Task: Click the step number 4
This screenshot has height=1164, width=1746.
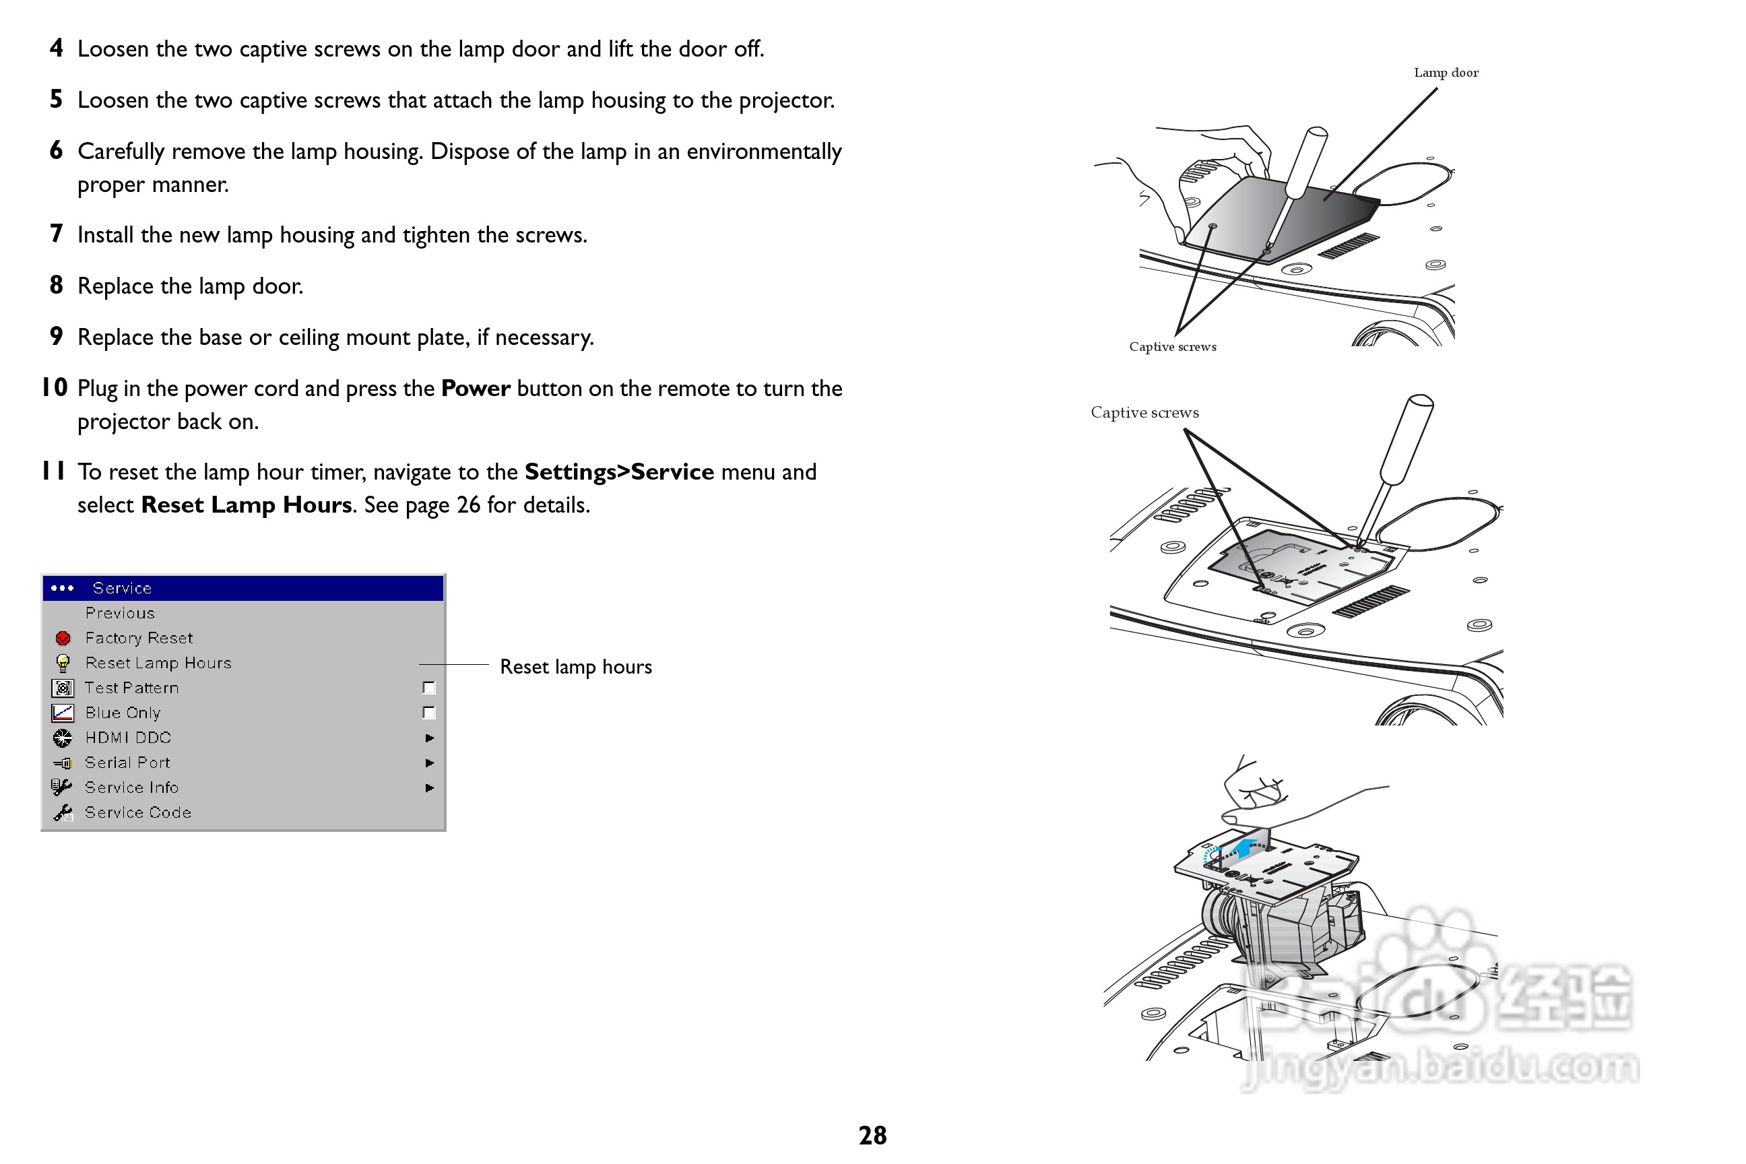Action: click(x=57, y=48)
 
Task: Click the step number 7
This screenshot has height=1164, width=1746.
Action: click(x=57, y=234)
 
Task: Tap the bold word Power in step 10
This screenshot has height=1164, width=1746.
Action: click(x=475, y=388)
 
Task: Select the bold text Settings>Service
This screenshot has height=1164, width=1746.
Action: click(x=618, y=472)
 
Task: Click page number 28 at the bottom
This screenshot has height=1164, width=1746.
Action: click(x=872, y=1135)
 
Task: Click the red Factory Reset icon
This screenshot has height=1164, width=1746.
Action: click(x=63, y=639)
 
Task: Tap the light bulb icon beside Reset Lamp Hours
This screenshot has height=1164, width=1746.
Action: click(x=63, y=663)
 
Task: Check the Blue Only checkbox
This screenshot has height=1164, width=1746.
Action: click(x=428, y=713)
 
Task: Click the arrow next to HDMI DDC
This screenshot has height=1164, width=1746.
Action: click(x=429, y=738)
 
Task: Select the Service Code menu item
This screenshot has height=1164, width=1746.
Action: click(x=137, y=812)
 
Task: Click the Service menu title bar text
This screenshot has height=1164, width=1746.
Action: click(x=122, y=588)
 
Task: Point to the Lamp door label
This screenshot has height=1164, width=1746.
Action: click(x=1446, y=73)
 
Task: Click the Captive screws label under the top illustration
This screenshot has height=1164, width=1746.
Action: click(x=1172, y=347)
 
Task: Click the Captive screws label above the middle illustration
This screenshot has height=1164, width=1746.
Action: click(x=1144, y=413)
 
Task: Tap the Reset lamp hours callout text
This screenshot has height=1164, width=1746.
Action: click(x=575, y=667)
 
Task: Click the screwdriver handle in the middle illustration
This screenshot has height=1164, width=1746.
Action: click(x=1406, y=438)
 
